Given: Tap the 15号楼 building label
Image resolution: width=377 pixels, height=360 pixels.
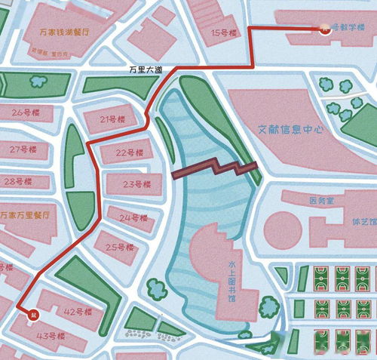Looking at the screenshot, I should tap(224, 32).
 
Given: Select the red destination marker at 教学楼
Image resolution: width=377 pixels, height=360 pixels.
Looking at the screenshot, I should tap(324, 29).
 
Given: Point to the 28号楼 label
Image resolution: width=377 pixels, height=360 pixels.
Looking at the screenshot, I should tap(17, 182).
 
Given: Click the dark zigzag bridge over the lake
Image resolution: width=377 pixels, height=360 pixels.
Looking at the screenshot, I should tap(216, 168).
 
